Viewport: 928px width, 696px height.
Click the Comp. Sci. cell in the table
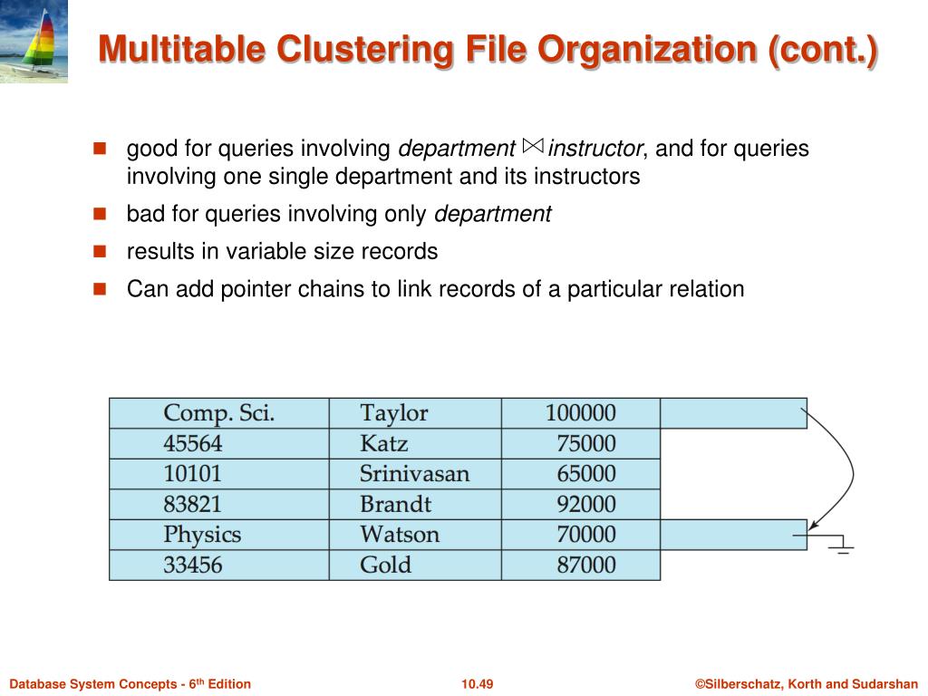pos(218,413)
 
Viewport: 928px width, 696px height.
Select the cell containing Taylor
pos(393,413)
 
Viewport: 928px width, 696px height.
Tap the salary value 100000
pos(580,413)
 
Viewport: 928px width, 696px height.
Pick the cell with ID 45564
pos(192,444)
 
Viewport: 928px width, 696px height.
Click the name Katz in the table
pos(383,444)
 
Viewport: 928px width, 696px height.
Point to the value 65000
pos(585,474)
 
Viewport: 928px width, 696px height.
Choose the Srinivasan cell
pos(414,474)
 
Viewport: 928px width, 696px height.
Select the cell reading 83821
pos(192,505)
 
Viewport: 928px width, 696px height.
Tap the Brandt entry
pos(395,505)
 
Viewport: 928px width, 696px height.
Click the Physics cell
pos(202,535)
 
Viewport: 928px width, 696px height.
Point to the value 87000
pos(585,565)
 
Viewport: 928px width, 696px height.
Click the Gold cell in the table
pos(385,565)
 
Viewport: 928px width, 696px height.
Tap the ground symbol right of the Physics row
pos(840,545)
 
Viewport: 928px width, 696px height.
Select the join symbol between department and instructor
pos(533,146)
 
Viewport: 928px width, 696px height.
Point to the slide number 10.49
pos(477,684)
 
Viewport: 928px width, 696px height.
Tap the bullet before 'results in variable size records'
pos(100,251)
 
